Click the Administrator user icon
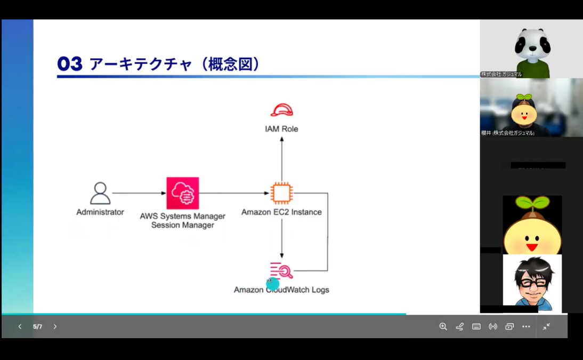coord(100,193)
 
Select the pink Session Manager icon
coord(183,193)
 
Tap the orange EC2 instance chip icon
coord(281,193)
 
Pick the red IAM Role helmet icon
coord(281,110)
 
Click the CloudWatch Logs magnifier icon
coord(282,270)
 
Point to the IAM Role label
coord(281,129)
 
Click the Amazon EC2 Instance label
coord(281,212)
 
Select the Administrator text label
coord(100,212)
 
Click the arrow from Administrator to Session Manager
coord(139,193)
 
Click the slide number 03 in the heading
coord(70,65)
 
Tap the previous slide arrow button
coord(20,326)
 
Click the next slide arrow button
coord(55,326)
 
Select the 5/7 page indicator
coord(37,326)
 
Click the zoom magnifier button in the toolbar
coord(443,326)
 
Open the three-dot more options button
coord(526,326)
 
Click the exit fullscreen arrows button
coord(546,326)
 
